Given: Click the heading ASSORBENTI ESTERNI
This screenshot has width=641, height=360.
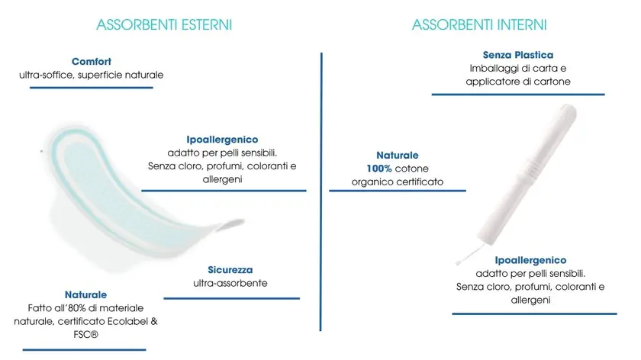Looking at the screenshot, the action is (164, 25).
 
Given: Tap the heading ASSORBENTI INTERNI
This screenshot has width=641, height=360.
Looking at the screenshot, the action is (479, 25).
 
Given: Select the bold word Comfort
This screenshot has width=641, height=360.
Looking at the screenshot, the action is (91, 61).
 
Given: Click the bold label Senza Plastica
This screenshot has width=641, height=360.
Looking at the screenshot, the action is (518, 55).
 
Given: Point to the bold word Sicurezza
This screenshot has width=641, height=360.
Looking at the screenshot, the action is (230, 270).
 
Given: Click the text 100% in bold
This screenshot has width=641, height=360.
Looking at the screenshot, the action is (379, 169).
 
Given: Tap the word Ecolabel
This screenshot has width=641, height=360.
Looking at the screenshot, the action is (127, 321).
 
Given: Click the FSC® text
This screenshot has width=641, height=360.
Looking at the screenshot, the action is (85, 335).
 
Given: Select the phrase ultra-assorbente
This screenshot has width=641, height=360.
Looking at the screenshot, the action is (230, 283).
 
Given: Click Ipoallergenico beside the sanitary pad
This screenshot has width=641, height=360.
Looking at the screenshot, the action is (222, 140).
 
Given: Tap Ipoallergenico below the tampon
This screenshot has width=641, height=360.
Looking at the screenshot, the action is (530, 260).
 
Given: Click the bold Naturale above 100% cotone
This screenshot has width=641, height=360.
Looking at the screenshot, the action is (398, 156).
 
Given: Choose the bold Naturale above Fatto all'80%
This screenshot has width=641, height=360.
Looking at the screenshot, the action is (85, 294).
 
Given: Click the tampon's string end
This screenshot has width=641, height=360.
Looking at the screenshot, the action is (459, 262).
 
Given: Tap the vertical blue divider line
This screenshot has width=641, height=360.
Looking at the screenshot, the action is (321, 191).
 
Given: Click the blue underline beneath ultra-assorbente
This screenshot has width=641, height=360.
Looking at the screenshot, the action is (232, 298).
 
